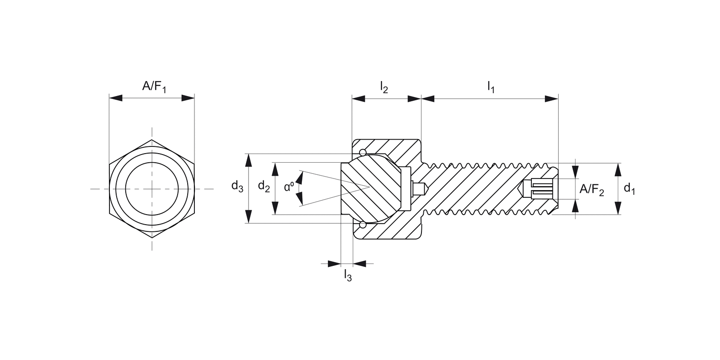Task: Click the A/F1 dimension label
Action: coord(154,87)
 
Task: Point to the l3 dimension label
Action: coord(348,276)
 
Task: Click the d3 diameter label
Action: coord(237,186)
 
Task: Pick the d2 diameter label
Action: coord(264,186)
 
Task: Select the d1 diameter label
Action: coord(629,189)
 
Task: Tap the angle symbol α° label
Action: coord(289,187)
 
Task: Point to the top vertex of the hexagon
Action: coord(152,140)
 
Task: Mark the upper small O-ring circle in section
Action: coord(362,153)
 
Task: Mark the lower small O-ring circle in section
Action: coord(362,225)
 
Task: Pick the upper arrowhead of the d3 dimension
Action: coord(248,160)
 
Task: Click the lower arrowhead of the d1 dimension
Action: coord(618,208)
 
